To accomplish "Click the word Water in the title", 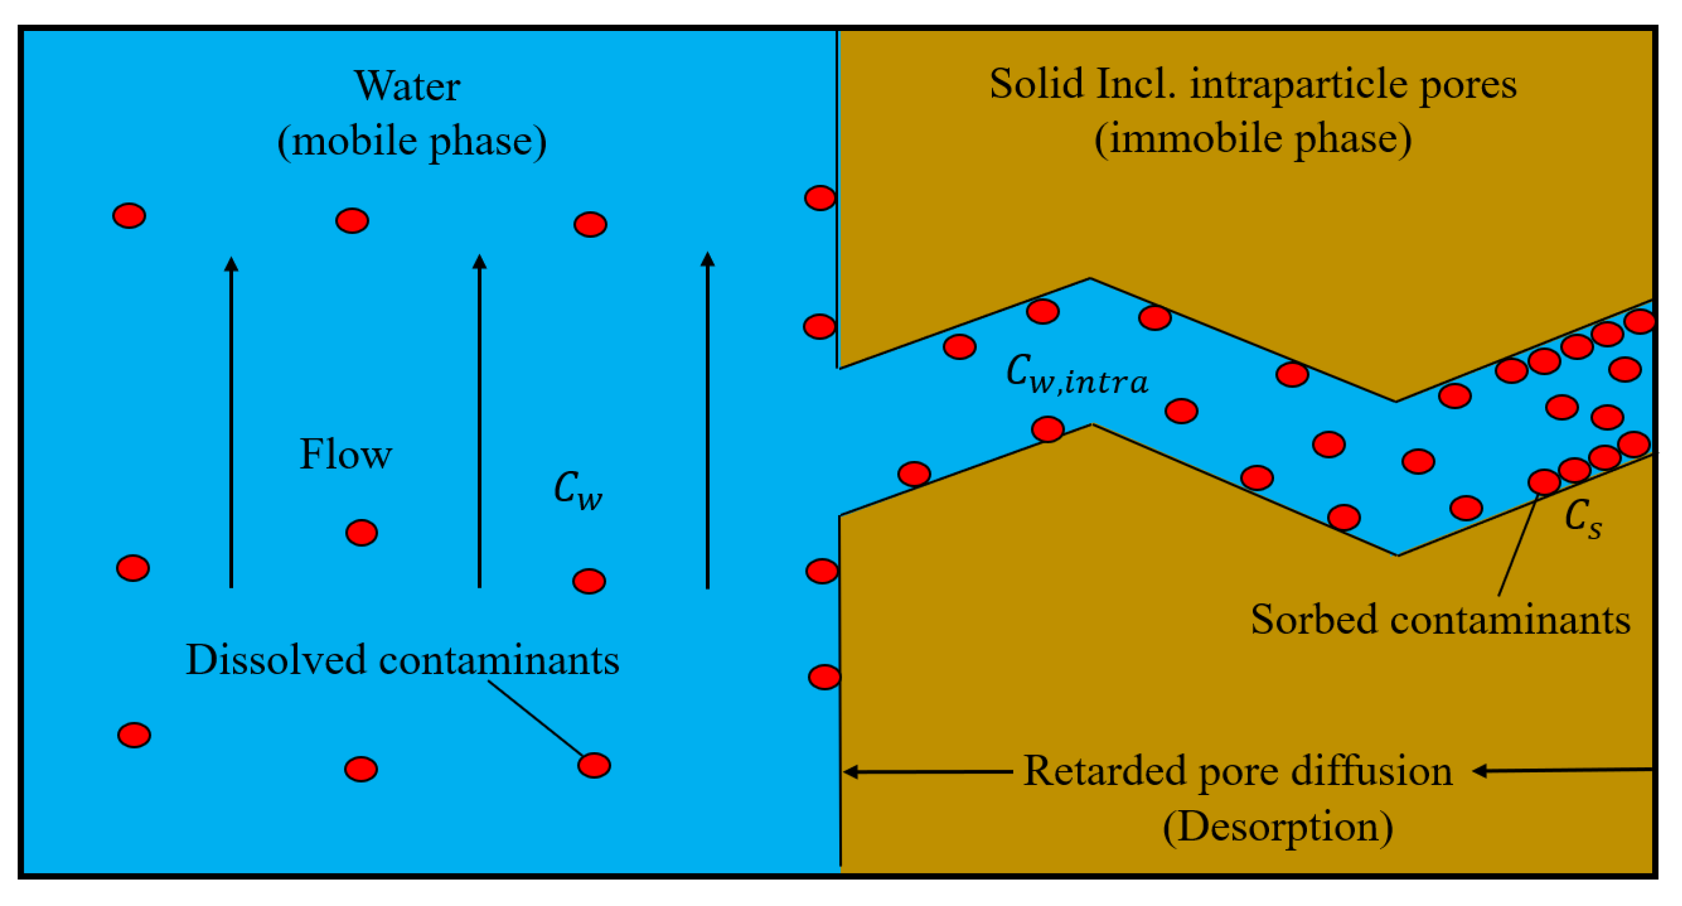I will tap(407, 86).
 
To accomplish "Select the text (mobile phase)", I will tap(411, 141).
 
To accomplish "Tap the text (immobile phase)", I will tap(1252, 139).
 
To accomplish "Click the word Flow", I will tap(345, 454).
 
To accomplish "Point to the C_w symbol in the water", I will tap(577, 490).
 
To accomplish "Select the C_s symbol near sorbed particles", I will tap(1582, 519).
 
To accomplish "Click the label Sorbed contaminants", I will tap(1440, 619).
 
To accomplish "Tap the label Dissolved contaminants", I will tap(402, 660).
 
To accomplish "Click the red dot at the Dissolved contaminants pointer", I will tap(594, 766).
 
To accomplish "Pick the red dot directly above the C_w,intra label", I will tap(1043, 312).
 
